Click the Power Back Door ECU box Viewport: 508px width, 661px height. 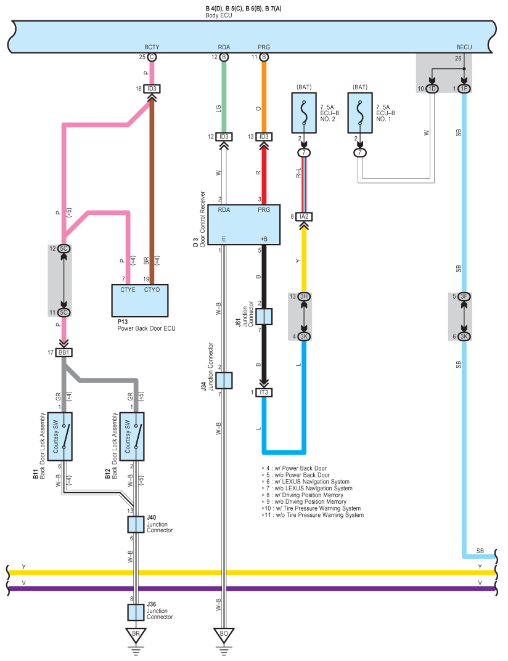(x=140, y=301)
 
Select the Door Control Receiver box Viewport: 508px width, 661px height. (x=244, y=225)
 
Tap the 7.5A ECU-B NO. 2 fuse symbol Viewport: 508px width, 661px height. (x=304, y=113)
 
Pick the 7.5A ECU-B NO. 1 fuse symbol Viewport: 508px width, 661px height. (x=360, y=113)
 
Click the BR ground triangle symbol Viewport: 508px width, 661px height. (x=136, y=635)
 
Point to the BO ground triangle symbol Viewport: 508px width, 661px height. (x=224, y=635)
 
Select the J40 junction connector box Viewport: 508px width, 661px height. (x=136, y=524)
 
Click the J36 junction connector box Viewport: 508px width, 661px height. (x=136, y=612)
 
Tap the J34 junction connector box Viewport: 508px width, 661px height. (x=224, y=380)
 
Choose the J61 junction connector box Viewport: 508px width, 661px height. (x=264, y=317)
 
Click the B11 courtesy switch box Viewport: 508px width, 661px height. (x=59, y=436)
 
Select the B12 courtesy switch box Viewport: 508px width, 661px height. (x=132, y=436)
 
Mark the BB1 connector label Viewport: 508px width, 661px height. (x=63, y=352)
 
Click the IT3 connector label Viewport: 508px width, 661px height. (x=264, y=392)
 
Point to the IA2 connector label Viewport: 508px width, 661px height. (x=304, y=217)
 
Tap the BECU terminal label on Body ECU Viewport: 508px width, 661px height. (x=464, y=47)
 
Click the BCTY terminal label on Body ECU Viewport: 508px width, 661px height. (x=152, y=47)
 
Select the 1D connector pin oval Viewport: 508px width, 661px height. (x=432, y=89)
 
